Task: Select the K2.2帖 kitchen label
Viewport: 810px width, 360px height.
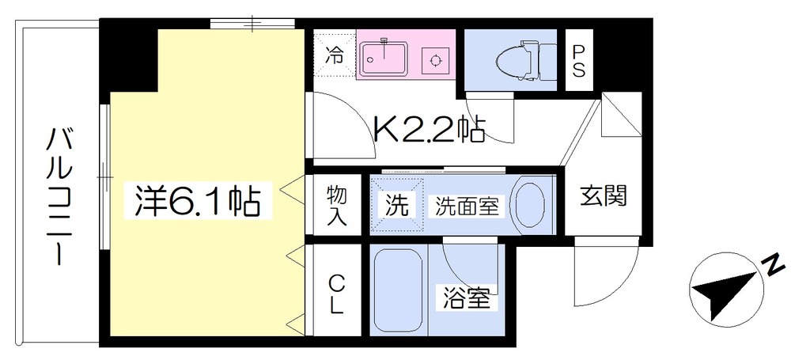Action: tap(429, 131)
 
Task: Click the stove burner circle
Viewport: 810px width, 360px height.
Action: tap(435, 60)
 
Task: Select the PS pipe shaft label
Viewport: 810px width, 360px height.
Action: tap(578, 60)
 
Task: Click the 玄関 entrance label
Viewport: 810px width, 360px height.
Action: tap(603, 197)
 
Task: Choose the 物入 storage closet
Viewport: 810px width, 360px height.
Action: tap(336, 206)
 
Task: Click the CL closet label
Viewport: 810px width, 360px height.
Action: tap(336, 294)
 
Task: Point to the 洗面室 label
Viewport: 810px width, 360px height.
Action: tap(467, 207)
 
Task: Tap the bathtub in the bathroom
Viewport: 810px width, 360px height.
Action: tap(398, 291)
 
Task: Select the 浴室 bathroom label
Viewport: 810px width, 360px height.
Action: tap(467, 297)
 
